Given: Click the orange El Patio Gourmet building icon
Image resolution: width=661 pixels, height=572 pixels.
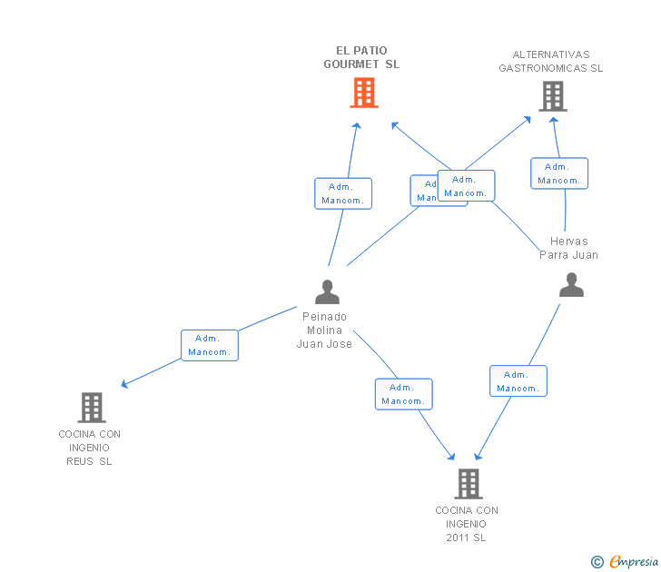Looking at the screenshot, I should (364, 93).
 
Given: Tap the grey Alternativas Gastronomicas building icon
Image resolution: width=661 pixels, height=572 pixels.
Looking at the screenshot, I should (552, 95).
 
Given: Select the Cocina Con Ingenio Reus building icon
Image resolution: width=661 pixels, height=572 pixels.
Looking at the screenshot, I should (92, 408).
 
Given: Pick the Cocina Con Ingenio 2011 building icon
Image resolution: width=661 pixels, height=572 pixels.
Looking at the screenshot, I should (468, 484).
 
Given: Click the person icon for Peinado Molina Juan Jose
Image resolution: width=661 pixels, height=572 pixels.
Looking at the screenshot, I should (327, 291).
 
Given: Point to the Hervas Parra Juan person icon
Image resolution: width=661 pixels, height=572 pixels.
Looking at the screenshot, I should (571, 285).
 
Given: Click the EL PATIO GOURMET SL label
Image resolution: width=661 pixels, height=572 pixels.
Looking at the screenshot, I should (361, 57).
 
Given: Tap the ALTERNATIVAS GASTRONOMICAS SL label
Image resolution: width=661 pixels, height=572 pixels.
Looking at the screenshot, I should (550, 61).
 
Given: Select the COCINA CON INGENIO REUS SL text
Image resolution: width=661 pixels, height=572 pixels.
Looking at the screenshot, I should (89, 448).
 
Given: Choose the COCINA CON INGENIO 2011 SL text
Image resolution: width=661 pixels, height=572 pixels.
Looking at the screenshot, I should (467, 524).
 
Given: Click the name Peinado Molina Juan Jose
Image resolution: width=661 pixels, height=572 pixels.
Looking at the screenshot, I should (324, 330).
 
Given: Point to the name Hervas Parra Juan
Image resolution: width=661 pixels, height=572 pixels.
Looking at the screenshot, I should (569, 248).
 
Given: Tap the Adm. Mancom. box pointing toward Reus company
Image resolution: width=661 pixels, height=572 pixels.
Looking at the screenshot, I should (210, 345).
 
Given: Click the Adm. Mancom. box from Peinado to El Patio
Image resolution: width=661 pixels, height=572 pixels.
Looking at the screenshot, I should (343, 193).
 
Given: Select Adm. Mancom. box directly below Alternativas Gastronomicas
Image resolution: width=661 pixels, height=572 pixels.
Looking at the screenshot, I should (559, 173).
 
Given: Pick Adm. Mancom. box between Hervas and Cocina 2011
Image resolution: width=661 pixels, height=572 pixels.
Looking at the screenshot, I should (518, 381).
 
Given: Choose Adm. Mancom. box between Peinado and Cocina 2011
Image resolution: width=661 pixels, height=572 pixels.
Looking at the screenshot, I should (404, 394).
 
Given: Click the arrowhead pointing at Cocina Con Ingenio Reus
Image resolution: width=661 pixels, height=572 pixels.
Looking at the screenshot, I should (124, 385).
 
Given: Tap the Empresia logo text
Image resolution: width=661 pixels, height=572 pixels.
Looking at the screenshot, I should (634, 562).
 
